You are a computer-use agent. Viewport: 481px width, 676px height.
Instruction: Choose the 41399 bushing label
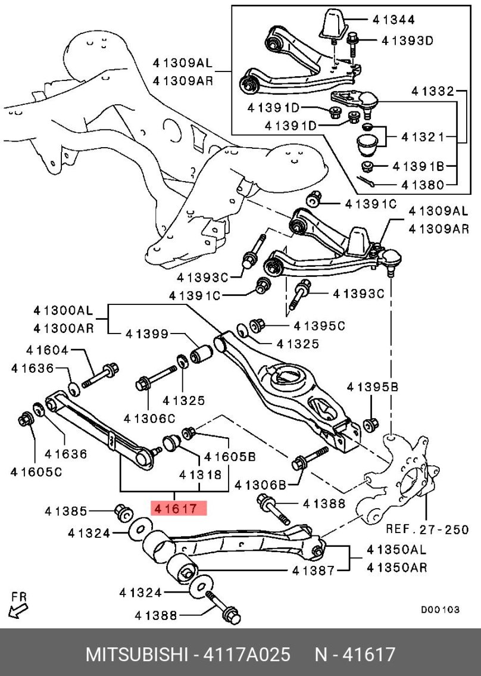[x=147, y=334]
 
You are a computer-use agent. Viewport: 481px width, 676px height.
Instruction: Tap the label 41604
[x=47, y=350]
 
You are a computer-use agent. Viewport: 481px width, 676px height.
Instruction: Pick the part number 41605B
[x=229, y=457]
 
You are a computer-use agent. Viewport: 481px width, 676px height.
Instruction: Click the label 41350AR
[x=396, y=568]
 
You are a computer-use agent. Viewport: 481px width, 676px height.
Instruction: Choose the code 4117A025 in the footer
[x=247, y=655]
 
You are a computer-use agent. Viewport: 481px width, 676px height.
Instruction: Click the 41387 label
[x=313, y=571]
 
